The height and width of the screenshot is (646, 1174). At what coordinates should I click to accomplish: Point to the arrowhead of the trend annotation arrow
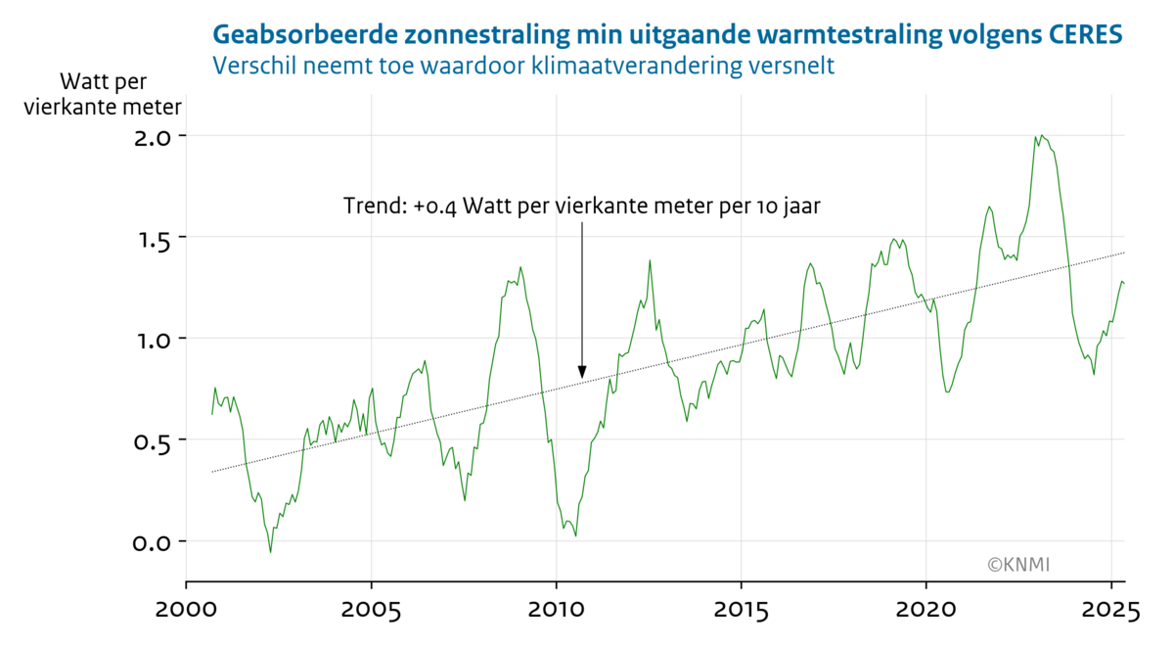582,373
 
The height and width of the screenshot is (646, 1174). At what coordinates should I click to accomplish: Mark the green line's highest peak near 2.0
1042,136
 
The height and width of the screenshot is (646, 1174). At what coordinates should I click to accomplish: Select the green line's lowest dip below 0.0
271,552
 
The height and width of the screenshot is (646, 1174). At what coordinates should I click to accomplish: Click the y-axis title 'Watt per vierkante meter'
103,93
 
